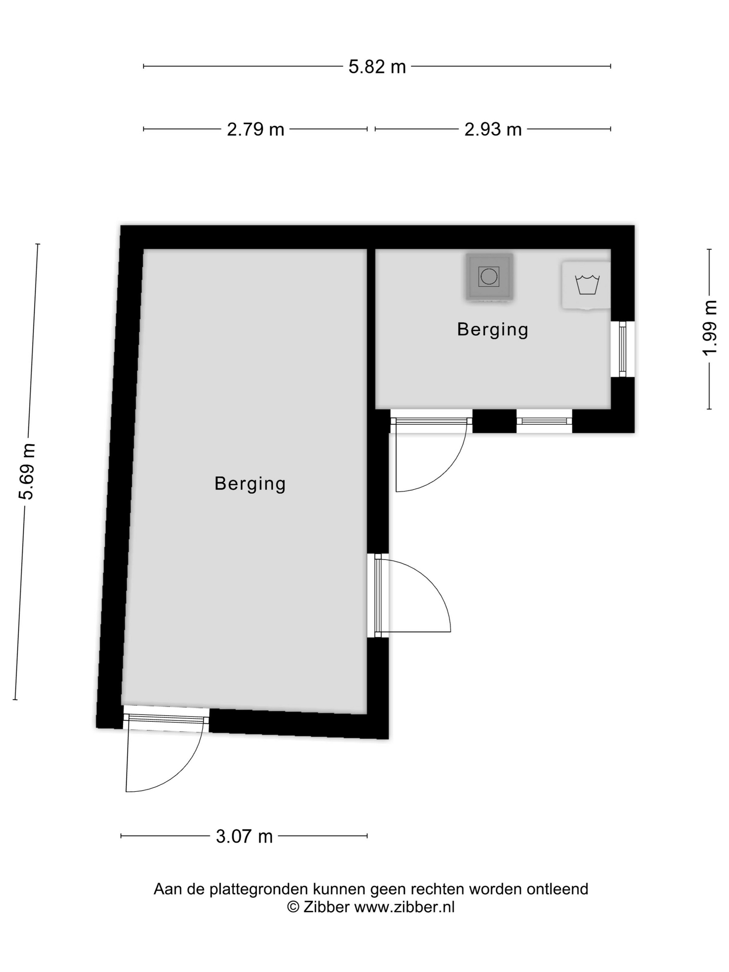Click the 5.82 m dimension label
pos(377,67)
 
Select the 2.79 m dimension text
pos(255,129)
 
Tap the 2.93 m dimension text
pos(493,129)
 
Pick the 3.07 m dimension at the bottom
pos(244,836)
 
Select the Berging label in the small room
pos(493,329)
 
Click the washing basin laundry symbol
pos(587,285)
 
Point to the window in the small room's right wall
pos(622,349)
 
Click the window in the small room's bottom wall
pos(544,421)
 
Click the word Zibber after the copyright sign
pos(327,907)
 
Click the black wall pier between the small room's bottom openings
pos(494,421)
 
